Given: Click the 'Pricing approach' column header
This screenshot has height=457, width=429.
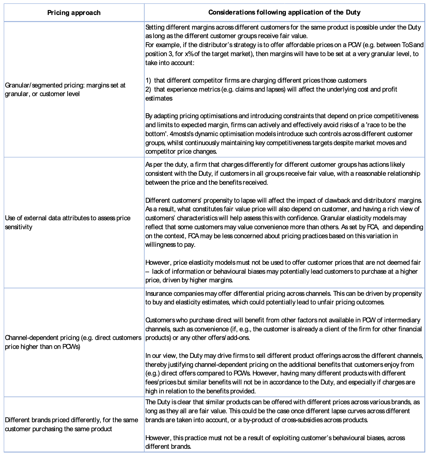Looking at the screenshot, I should (x=74, y=13).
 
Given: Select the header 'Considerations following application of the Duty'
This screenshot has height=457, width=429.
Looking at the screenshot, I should (x=284, y=12).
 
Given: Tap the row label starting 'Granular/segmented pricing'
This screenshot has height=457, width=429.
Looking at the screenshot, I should (x=65, y=89).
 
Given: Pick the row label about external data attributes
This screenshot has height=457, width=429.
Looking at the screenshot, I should (x=68, y=223).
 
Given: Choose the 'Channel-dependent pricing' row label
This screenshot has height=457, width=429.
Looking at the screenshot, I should (x=73, y=342).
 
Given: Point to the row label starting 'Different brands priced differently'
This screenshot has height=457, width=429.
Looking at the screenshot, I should (x=71, y=424).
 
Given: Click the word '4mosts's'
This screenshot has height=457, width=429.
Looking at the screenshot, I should (x=182, y=134).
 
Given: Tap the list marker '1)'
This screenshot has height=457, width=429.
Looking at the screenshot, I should (x=148, y=80).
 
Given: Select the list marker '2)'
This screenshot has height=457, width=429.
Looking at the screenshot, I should (x=148, y=89).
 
